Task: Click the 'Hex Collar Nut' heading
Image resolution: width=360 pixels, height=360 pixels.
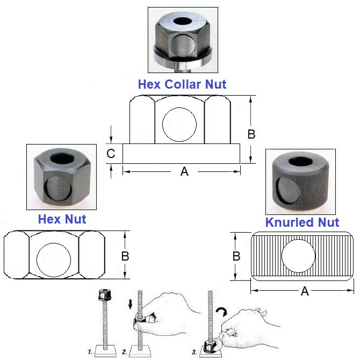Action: [182, 84]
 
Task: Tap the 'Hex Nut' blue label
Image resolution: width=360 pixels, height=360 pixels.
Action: [62, 219]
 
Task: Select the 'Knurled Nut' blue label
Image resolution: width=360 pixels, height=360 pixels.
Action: [302, 222]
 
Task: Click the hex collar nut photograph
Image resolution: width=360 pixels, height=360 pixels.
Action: [183, 40]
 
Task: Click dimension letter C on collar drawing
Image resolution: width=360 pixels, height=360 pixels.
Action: [111, 154]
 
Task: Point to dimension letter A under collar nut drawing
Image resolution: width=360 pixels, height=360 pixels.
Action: [184, 172]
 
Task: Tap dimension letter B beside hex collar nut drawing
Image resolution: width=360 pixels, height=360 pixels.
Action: [251, 134]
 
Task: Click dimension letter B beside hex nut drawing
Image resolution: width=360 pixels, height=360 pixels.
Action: [125, 256]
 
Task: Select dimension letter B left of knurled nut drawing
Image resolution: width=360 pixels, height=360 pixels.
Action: [236, 256]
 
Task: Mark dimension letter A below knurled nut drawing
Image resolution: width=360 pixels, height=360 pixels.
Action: [305, 291]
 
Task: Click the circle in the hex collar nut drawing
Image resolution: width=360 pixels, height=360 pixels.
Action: [180, 125]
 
